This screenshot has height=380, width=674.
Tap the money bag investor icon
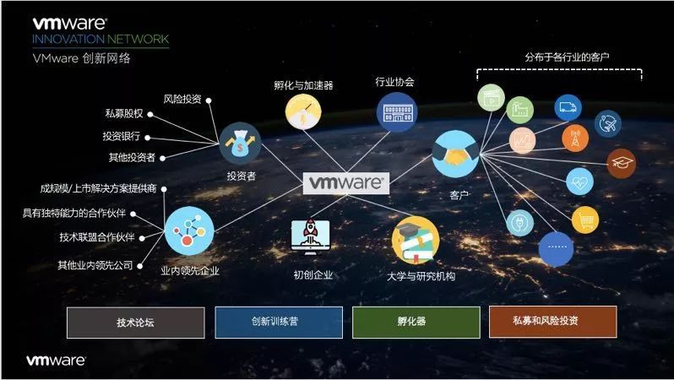241,144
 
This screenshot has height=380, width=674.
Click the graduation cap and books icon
416,239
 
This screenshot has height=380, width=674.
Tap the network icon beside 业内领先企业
189,231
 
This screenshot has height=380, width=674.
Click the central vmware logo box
346,182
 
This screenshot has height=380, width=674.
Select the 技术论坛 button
135,322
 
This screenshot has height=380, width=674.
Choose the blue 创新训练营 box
279,322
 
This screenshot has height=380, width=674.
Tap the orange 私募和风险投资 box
552,322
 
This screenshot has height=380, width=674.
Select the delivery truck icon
568,106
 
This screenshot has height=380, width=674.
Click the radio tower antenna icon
575,138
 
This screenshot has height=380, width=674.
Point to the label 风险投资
182,99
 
